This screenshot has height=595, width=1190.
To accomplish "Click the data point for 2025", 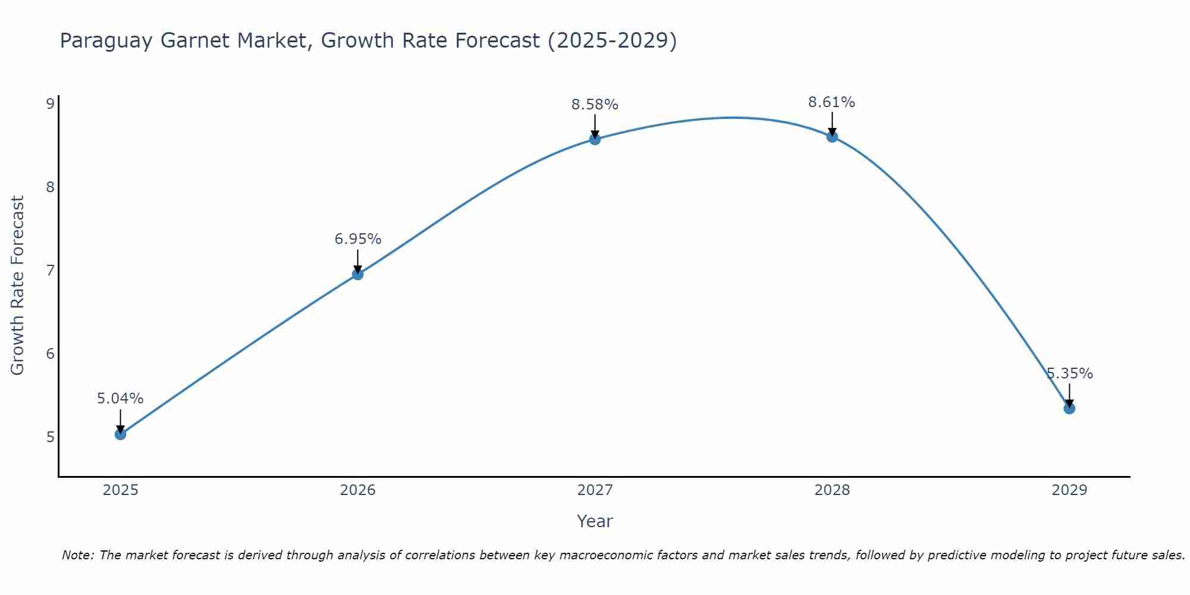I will pos(120,434).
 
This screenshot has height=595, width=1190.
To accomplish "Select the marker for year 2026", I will pos(358,274).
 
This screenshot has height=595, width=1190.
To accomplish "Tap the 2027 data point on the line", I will pos(595,139).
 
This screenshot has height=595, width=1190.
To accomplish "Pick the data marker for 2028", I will pos(832,137).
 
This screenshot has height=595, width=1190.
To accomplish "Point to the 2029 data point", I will pos(1069,408).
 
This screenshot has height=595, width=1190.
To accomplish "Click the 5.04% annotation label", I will pos(120,399).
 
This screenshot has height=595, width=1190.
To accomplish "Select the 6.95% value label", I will pos(358,239).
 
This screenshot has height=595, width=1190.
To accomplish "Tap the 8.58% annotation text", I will pos(595,105).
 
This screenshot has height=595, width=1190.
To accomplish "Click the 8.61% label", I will pos(831,102).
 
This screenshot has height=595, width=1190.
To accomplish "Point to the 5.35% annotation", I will pos(1070,374).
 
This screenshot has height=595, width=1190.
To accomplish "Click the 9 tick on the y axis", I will pos(50,104).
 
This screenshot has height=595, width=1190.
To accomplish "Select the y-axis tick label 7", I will pos(50,271).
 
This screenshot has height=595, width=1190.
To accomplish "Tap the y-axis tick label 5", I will pos(50,437).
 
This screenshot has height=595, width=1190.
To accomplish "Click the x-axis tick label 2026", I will pos(358,490).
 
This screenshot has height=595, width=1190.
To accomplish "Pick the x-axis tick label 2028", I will pos(832,490).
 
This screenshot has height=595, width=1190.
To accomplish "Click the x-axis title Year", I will pos(594,521).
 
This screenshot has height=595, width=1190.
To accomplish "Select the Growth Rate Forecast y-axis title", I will pos(18,286).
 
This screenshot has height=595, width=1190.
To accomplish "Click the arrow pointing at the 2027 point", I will pos(595,126).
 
